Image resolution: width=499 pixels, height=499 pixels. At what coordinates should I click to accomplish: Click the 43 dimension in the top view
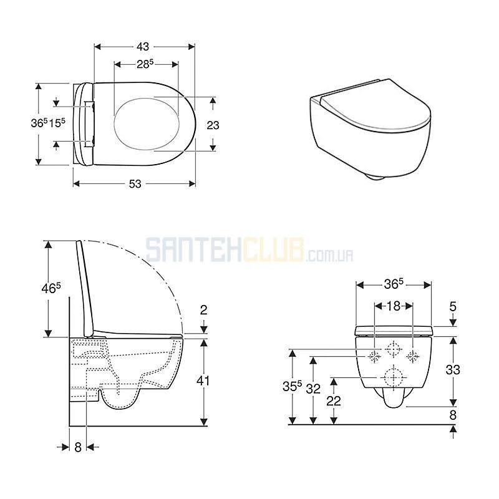click(x=143, y=47)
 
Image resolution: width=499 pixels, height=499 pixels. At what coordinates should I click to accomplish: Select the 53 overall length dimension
click(x=135, y=183)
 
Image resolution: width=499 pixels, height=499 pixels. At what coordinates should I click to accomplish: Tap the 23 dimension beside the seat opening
click(x=213, y=125)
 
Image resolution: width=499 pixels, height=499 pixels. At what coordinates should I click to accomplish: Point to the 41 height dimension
click(x=203, y=380)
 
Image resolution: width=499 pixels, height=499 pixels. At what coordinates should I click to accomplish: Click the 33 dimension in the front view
click(x=453, y=370)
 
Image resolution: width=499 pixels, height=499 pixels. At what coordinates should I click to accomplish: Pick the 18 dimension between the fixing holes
click(x=394, y=306)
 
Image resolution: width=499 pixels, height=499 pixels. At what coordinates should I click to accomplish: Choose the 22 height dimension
click(x=334, y=400)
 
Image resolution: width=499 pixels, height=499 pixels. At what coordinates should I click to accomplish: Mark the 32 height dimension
click(x=313, y=389)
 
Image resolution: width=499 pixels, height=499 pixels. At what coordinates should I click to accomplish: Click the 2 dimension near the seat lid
click(x=204, y=309)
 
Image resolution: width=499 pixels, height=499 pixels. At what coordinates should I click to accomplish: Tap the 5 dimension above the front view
click(x=453, y=306)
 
